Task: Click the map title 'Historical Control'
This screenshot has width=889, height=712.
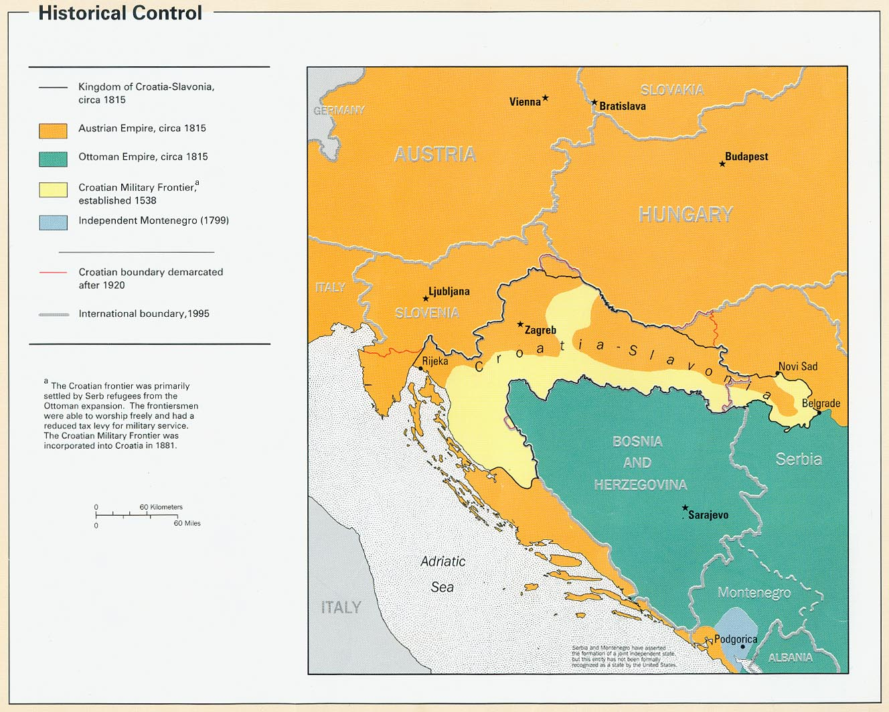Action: click(120, 13)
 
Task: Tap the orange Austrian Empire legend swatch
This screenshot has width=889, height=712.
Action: click(53, 131)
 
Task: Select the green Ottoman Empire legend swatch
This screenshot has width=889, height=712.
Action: click(53, 159)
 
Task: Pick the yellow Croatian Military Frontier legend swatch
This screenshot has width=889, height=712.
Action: click(53, 190)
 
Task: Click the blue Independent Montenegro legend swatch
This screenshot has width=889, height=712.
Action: click(53, 222)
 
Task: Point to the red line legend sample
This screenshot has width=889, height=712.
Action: click(53, 273)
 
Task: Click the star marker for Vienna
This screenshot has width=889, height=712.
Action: click(546, 98)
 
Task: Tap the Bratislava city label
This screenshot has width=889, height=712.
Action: click(623, 106)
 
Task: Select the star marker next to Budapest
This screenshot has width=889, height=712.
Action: click(722, 163)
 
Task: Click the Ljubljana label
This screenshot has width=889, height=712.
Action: click(449, 291)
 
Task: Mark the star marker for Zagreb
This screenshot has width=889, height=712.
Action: click(520, 324)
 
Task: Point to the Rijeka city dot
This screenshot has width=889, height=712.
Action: click(420, 368)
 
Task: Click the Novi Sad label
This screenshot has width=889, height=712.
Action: click(798, 366)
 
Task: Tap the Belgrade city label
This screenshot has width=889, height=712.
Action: click(821, 403)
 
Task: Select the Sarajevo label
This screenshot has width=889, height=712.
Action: click(708, 515)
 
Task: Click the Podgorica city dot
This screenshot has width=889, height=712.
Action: click(742, 646)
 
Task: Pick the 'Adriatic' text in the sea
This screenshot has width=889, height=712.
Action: click(442, 561)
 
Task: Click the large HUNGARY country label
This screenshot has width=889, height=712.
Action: click(685, 214)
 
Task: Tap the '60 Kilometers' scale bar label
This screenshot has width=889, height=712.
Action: click(161, 507)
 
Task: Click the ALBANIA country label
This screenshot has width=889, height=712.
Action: click(791, 658)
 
